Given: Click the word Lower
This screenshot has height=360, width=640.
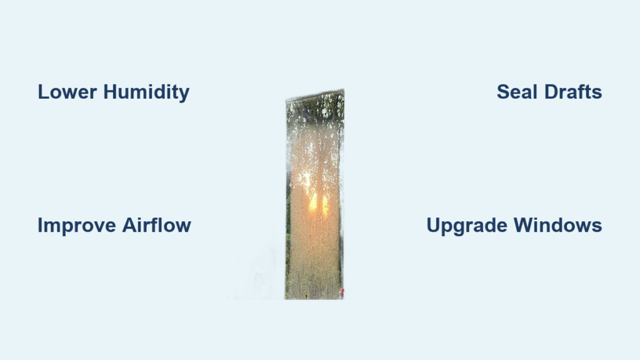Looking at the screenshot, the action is point(67,92).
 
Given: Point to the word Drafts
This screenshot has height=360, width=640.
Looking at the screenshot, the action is point(573,92).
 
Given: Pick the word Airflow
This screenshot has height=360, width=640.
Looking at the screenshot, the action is point(156,225).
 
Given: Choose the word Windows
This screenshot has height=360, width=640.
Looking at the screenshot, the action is point(557,225).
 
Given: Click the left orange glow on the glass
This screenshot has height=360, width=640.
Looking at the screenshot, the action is point(313,202).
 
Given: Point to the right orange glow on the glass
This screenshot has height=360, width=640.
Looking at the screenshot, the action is point(325,204).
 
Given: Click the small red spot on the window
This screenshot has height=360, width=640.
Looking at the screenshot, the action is point(342,292).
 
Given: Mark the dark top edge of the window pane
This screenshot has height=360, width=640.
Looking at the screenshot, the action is point(315,94).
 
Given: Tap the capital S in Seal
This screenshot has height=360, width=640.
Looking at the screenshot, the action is point(504,92).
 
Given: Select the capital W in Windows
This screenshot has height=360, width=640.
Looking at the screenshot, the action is point(524,225).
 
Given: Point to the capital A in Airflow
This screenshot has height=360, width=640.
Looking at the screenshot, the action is point(129,225).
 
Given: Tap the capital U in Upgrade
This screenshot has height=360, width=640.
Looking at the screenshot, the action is point(434,225).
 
